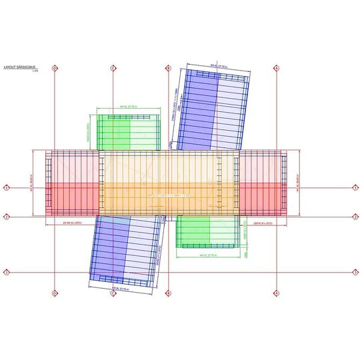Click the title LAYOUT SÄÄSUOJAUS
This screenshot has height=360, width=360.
coord(19,67)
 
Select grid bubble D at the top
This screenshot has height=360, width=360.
coord(55,68)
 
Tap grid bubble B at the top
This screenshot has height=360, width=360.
coord(169,68)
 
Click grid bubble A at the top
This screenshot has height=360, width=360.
coord(277,68)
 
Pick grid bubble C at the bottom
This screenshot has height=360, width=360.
coord(113,293)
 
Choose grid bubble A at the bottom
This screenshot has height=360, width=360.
coord(277,293)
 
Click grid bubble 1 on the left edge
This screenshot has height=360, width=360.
coord(7,188)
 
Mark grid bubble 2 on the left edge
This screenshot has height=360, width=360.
coord(7,217)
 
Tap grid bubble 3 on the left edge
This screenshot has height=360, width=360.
coord(7,272)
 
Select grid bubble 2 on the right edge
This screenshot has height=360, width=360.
coord(353,217)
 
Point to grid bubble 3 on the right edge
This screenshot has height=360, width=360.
coord(353,272)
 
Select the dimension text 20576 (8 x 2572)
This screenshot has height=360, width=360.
coord(264,221)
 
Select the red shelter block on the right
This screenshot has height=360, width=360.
coord(263,183)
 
